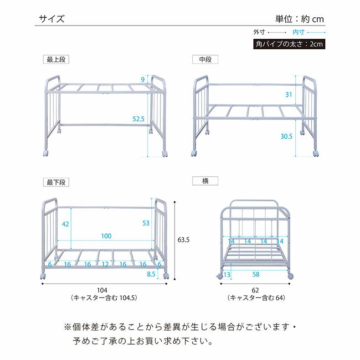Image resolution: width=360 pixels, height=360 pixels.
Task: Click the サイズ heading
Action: click(51, 19)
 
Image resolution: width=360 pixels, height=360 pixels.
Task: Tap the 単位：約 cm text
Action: click(299, 19)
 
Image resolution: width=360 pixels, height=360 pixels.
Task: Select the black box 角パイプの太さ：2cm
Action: click(289, 44)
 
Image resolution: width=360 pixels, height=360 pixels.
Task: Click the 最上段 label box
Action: click(56, 60)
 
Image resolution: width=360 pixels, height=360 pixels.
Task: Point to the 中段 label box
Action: click(205, 60)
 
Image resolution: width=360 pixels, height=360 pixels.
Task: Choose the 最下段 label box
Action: click(56, 182)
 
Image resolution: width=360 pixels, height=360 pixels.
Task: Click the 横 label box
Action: click(205, 181)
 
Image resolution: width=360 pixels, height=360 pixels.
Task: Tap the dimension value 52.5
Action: click(139, 119)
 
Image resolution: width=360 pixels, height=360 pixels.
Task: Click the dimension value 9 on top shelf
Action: click(143, 80)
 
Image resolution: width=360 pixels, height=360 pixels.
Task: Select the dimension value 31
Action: click(288, 95)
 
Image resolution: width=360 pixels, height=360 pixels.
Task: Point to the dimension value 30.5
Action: click(287, 136)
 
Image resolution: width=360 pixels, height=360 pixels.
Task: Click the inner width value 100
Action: click(106, 236)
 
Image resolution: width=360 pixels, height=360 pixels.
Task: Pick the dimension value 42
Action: click(66, 224)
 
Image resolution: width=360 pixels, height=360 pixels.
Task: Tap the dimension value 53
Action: click(146, 223)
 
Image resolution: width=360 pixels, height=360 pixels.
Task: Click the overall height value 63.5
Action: click(183, 239)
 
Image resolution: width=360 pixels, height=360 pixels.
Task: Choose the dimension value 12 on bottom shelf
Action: click(105, 264)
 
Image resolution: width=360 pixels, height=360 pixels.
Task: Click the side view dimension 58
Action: click(256, 274)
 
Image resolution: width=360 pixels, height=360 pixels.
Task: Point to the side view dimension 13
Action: click(227, 274)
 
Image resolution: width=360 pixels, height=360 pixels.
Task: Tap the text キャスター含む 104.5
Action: click(104, 298)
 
